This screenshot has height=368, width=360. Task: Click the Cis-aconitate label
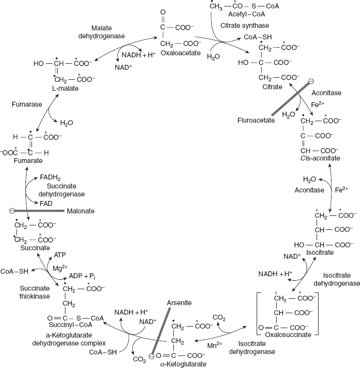[320, 158]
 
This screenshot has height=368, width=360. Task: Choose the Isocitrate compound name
[320, 253]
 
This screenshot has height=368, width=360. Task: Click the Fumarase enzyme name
[24, 105]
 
